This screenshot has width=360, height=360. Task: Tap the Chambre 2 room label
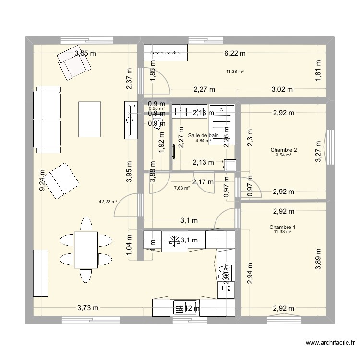click(283, 150)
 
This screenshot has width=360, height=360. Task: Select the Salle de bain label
click(203, 136)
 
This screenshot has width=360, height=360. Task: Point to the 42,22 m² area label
click(108, 202)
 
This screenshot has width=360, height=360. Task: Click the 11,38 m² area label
click(235, 72)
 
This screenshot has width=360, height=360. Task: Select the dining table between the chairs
click(86, 250)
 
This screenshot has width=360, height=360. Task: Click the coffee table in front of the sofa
click(89, 119)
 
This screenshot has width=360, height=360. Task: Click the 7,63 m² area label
click(181, 188)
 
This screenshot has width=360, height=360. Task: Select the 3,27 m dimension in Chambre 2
click(318, 151)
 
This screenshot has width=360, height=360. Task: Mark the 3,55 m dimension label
click(85, 54)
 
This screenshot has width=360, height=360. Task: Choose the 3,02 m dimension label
click(282, 89)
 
